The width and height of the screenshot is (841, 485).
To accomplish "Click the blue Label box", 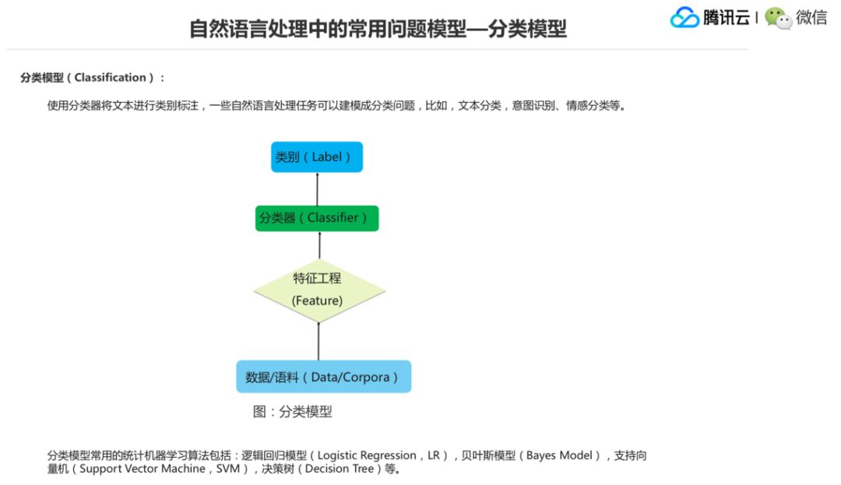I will click(317, 156).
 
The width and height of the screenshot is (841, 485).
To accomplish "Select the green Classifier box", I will click(317, 218).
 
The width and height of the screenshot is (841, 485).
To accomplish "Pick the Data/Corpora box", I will click(323, 377).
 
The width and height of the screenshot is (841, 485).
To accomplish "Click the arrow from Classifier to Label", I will click(318, 189).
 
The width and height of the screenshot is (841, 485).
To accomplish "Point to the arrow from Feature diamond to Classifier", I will click(319, 246).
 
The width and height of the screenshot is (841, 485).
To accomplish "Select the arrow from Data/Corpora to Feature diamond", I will click(319, 341).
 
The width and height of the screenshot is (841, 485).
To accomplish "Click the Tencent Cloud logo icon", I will click(684, 18).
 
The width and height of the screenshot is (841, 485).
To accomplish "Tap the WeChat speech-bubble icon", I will click(778, 18).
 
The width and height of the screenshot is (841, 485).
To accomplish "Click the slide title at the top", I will click(378, 30).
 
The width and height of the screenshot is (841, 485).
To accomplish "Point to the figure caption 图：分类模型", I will click(293, 412).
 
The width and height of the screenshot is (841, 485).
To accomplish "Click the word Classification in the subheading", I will click(110, 78).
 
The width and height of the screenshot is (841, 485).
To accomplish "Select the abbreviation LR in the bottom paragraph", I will click(434, 455).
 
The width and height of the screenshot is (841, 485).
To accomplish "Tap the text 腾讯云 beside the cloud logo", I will click(727, 18).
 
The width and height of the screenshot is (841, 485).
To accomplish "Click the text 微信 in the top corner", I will click(811, 18).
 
